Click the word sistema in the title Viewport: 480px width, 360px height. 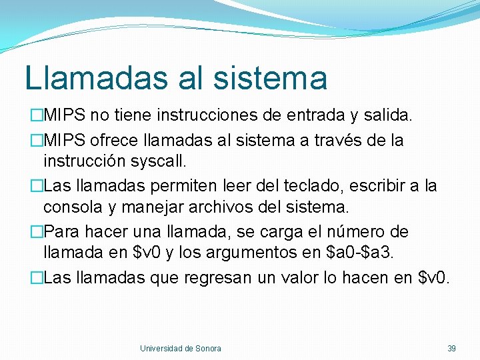pos(271,77)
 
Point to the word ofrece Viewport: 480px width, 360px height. pos(109,141)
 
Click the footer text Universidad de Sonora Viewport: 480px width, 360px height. pos(181,348)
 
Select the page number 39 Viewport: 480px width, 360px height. pos(451,348)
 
